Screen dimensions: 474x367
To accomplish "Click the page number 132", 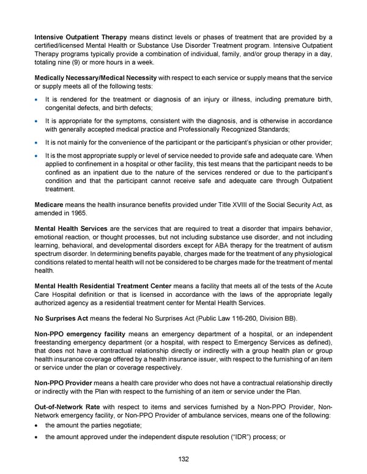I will [183, 459].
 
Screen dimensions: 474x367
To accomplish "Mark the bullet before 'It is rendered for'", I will [37, 99].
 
